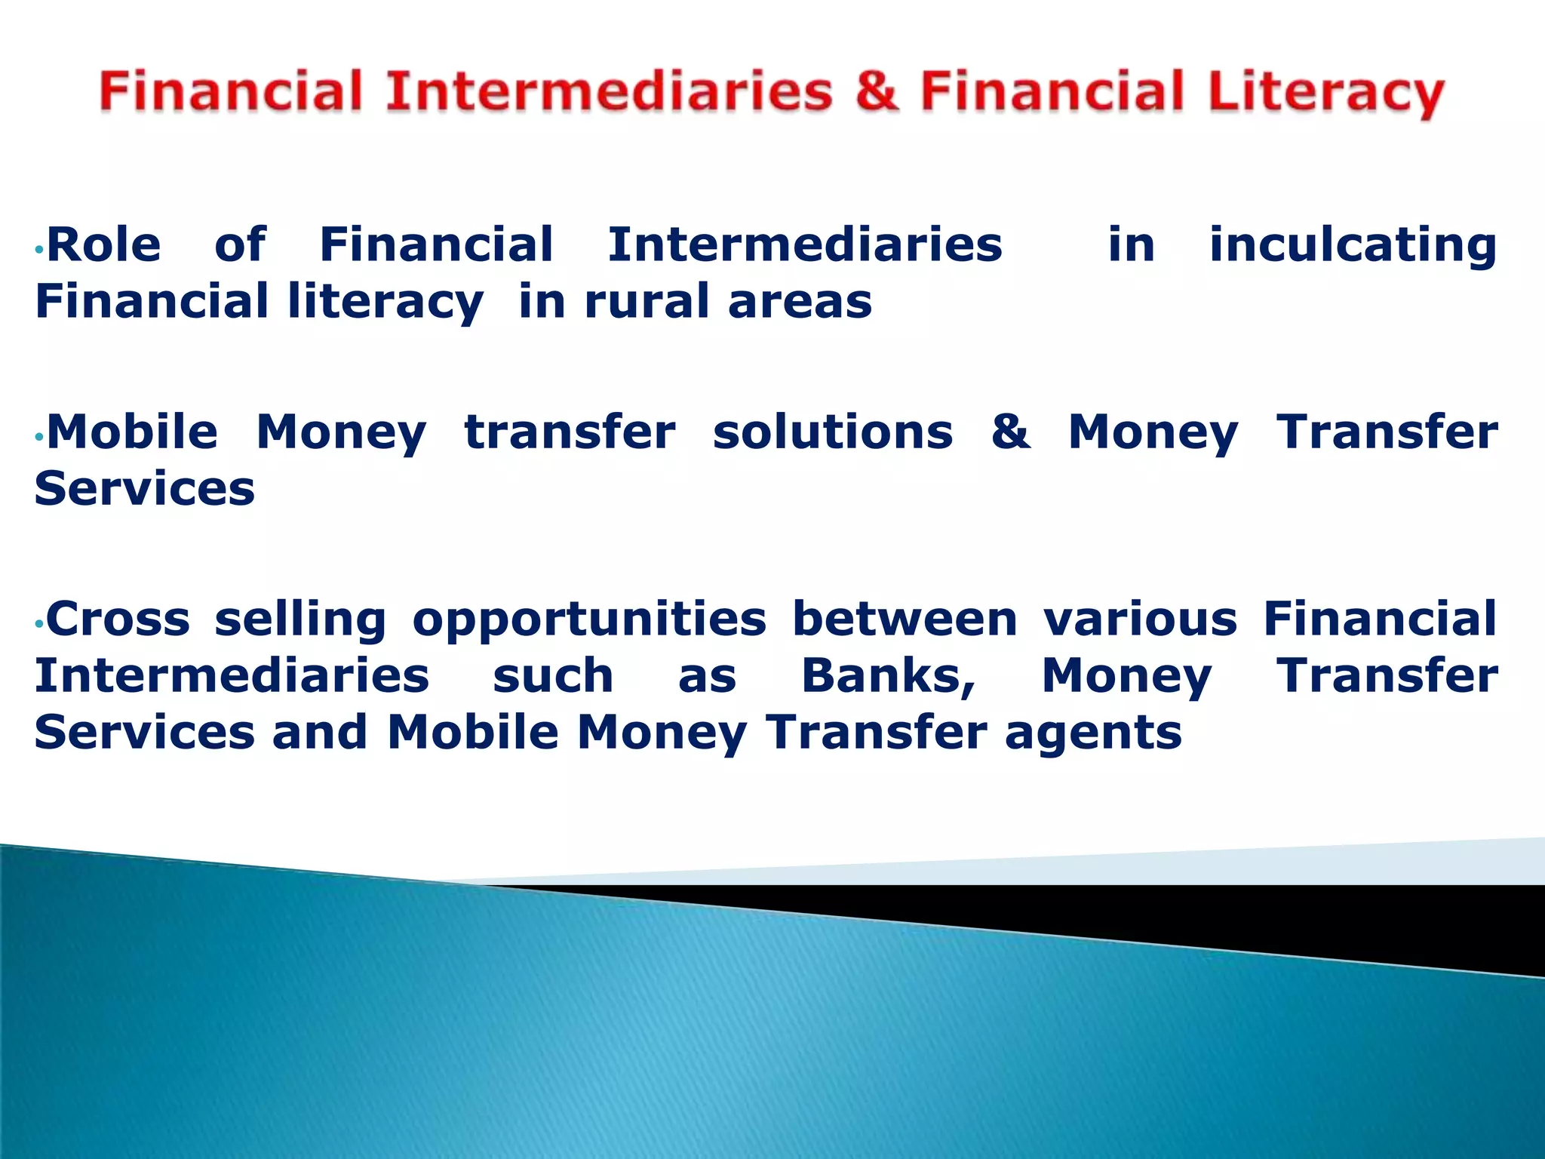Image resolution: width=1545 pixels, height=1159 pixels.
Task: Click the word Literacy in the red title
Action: [1325, 94]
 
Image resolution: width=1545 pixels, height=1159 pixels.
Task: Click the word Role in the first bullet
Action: [104, 245]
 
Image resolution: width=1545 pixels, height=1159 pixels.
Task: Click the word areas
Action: [800, 302]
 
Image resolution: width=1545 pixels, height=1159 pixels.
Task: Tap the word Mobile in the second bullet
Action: [133, 432]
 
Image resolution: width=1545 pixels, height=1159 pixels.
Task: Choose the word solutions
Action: [833, 432]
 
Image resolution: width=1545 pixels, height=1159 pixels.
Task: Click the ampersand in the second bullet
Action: [1011, 432]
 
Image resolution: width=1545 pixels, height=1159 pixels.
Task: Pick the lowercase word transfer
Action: [570, 432]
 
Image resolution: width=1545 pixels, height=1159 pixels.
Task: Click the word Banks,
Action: [889, 676]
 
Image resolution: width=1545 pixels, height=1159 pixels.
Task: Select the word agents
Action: [1093, 734]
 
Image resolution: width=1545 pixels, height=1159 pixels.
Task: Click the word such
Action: [553, 676]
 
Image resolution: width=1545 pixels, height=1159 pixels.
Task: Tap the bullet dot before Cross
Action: [39, 624]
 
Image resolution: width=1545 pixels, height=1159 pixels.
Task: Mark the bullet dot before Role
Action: [39, 250]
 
